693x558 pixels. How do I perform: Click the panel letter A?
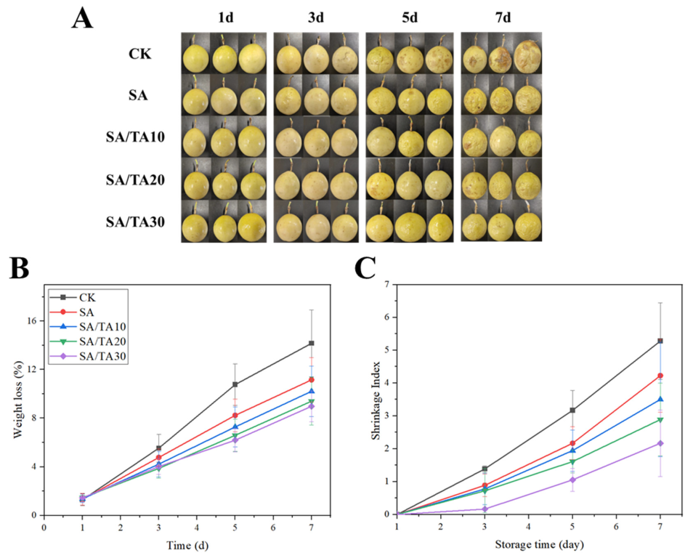pos(83,20)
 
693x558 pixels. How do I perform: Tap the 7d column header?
pos(503,17)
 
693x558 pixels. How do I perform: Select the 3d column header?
pos(315,17)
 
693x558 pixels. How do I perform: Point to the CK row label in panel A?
pos(139,54)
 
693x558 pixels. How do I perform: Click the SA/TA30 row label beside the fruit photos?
pos(135,222)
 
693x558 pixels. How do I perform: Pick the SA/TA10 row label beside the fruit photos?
pos(135,137)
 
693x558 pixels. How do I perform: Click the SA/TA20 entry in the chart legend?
pos(103,341)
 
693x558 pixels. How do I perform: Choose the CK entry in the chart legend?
pos(87,298)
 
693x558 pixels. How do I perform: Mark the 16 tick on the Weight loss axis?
pos(33,320)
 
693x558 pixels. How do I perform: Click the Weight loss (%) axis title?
pos(17,405)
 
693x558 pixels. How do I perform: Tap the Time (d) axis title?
pos(187,545)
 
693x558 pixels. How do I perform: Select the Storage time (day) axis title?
pos(539,544)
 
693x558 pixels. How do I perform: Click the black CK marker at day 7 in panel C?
pos(660,341)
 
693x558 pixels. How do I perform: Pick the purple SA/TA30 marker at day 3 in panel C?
pos(485,509)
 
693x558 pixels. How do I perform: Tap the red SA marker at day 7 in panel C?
pos(660,376)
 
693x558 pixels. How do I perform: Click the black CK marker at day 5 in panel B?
pos(235,384)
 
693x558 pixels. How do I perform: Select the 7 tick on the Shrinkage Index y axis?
pos(388,284)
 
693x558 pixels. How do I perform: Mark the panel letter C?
pos(365,269)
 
